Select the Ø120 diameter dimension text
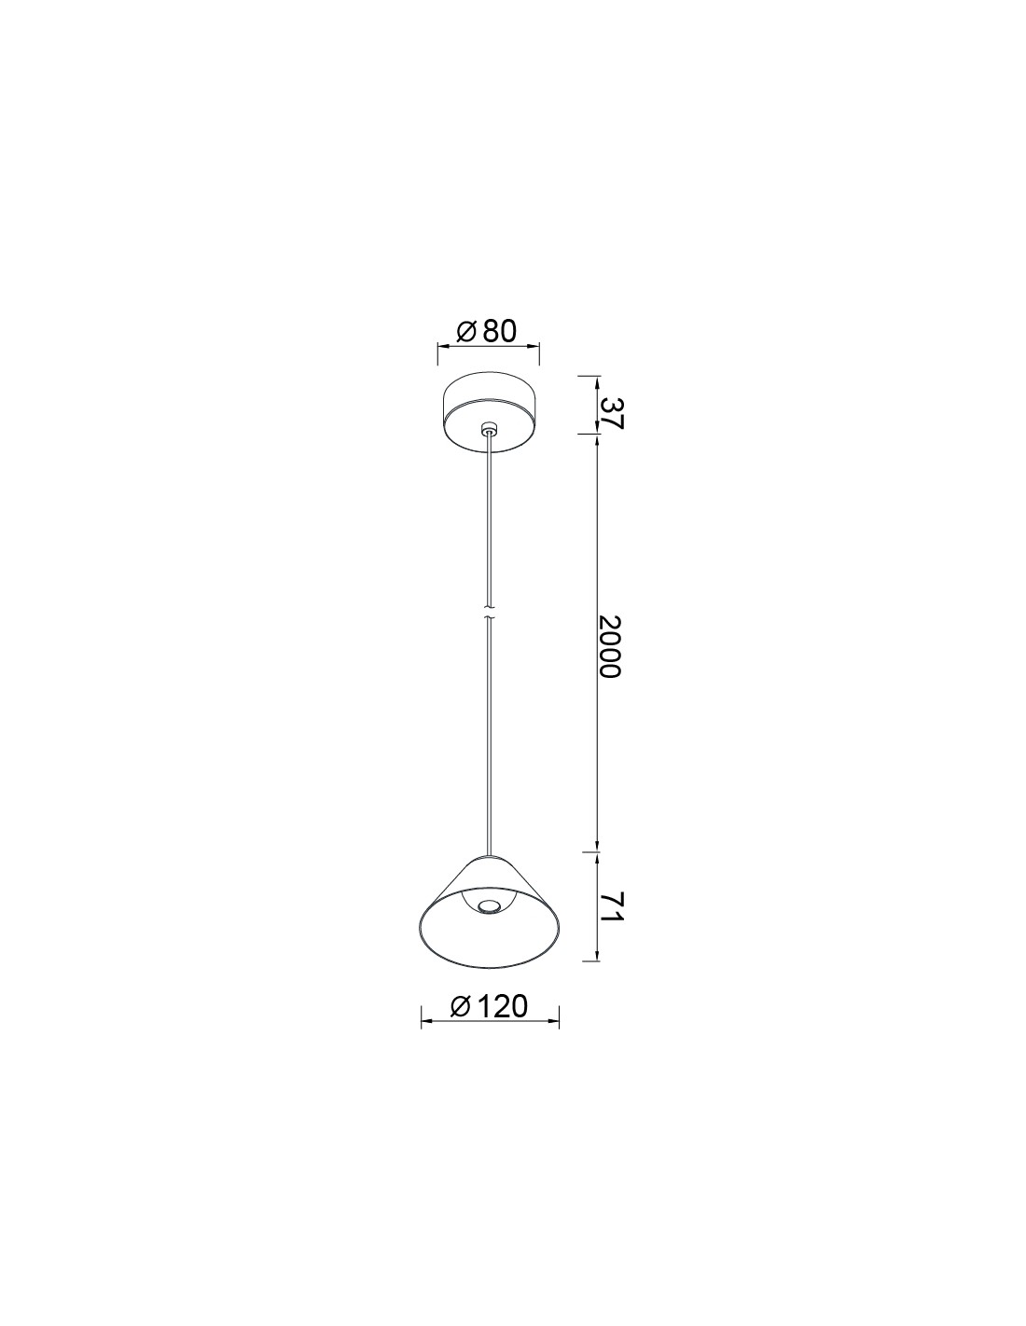pyautogui.click(x=489, y=1006)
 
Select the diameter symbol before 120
pyautogui.click(x=460, y=1006)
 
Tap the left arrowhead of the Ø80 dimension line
pyautogui.click(x=442, y=346)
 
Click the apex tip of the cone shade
pyautogui.click(x=489, y=854)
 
